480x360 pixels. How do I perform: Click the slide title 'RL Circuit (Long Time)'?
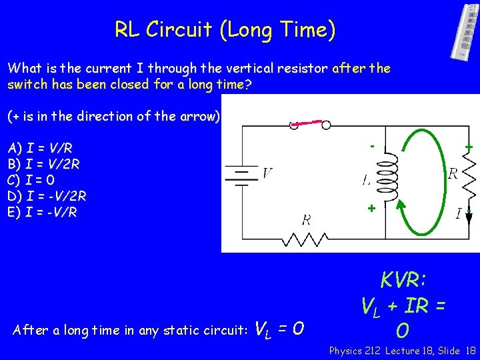[225, 29]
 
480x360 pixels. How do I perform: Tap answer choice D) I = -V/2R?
[47, 196]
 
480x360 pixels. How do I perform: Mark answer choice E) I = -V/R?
[43, 212]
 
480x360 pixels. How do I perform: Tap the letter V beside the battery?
[267, 173]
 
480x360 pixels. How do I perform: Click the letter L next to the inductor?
[367, 181]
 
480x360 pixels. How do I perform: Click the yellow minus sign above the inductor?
[373, 145]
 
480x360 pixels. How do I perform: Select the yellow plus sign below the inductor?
[371, 208]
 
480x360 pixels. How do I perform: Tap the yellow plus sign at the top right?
[469, 146]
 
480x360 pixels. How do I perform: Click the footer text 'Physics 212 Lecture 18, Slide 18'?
[402, 350]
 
